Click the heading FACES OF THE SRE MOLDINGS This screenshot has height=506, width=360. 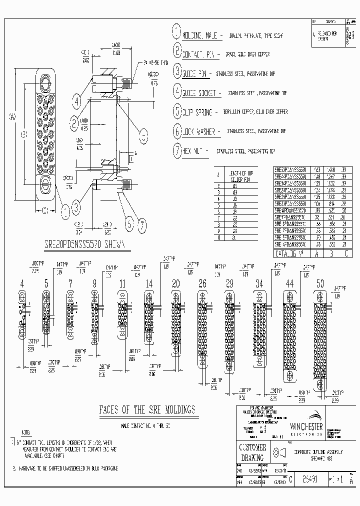pyautogui.click(x=147, y=410)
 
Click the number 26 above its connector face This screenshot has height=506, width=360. pyautogui.click(x=202, y=283)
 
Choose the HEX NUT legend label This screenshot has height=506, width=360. pyautogui.click(x=193, y=151)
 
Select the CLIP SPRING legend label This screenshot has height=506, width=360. pyautogui.click(x=200, y=112)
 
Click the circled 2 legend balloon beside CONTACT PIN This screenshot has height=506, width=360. pyautogui.click(x=177, y=50)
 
